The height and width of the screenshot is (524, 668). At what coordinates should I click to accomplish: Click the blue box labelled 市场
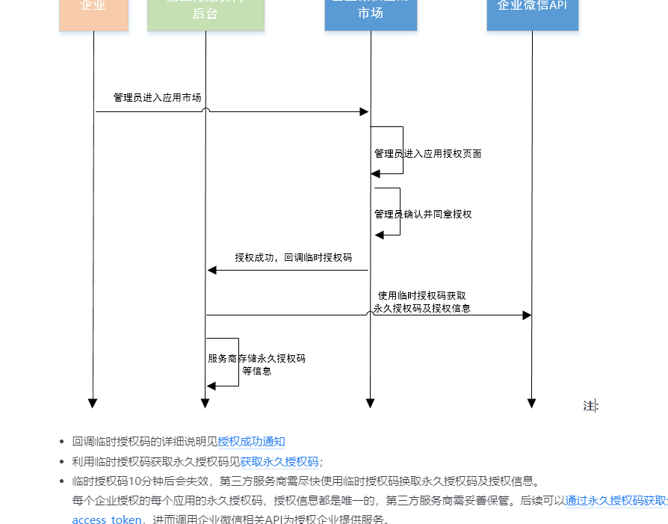pyautogui.click(x=371, y=13)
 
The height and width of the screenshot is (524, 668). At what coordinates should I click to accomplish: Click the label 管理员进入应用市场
pyautogui.click(x=157, y=98)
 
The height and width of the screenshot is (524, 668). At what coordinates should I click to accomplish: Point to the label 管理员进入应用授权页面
pyautogui.click(x=427, y=154)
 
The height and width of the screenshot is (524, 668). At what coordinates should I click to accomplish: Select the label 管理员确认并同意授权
pyautogui.click(x=423, y=215)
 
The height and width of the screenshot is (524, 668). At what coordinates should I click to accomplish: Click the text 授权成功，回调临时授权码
pyautogui.click(x=293, y=258)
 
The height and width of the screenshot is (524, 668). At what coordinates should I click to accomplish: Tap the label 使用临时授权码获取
pyautogui.click(x=422, y=296)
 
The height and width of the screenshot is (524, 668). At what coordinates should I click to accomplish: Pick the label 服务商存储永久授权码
pyautogui.click(x=256, y=359)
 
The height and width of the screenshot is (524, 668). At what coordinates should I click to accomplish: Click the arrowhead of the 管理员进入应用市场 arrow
pyautogui.click(x=365, y=112)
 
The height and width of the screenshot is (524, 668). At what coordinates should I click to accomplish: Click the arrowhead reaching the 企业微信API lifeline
pyautogui.click(x=527, y=315)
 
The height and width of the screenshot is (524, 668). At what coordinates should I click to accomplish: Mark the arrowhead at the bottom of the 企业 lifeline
pyautogui.click(x=93, y=404)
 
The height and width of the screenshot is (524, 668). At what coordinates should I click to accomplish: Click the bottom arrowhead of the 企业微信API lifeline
pyautogui.click(x=532, y=404)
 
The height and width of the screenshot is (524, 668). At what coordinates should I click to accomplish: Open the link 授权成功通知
pyautogui.click(x=251, y=442)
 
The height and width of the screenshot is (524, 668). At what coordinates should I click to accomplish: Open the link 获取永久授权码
pyautogui.click(x=279, y=462)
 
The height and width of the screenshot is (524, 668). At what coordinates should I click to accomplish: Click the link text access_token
pyautogui.click(x=106, y=520)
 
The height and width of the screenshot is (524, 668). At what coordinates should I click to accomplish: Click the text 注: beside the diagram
pyautogui.click(x=590, y=406)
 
